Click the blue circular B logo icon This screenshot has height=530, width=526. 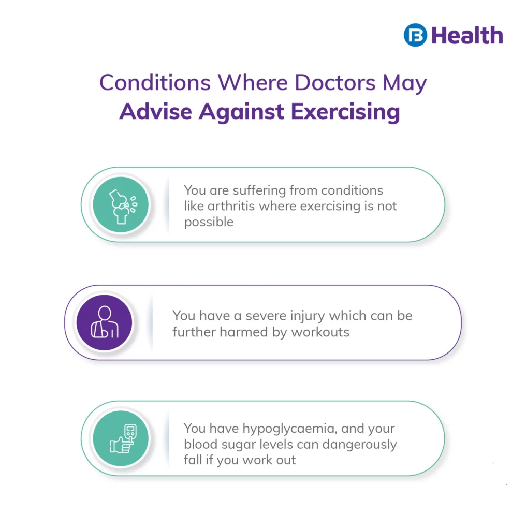[415, 35]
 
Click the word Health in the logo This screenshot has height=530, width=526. [467, 36]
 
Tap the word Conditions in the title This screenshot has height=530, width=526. [155, 82]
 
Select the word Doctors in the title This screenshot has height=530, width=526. [335, 82]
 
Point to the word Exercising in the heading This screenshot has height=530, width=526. [345, 112]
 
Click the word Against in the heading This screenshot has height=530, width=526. [241, 112]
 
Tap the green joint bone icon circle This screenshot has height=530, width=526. [121, 204]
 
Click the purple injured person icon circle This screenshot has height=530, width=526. [104, 322]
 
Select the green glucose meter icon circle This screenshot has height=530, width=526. [121, 438]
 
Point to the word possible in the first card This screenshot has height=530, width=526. [209, 223]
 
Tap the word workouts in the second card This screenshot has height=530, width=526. [320, 332]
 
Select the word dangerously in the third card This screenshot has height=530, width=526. [359, 445]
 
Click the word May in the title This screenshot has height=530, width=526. [405, 83]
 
